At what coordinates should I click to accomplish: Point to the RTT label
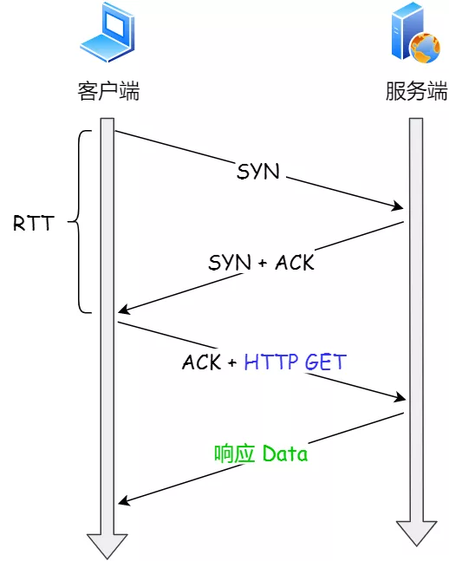33,223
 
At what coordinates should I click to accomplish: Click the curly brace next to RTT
81,222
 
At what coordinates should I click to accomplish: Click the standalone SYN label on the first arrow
258,172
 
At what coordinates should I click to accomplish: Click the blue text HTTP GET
294,362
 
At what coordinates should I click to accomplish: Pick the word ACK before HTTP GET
202,362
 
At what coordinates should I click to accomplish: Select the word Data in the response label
284,453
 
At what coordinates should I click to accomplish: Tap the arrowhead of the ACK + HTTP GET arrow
400,398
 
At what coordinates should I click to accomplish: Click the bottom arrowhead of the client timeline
107,546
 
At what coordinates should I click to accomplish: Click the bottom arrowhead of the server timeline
416,533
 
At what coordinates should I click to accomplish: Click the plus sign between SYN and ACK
263,263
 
